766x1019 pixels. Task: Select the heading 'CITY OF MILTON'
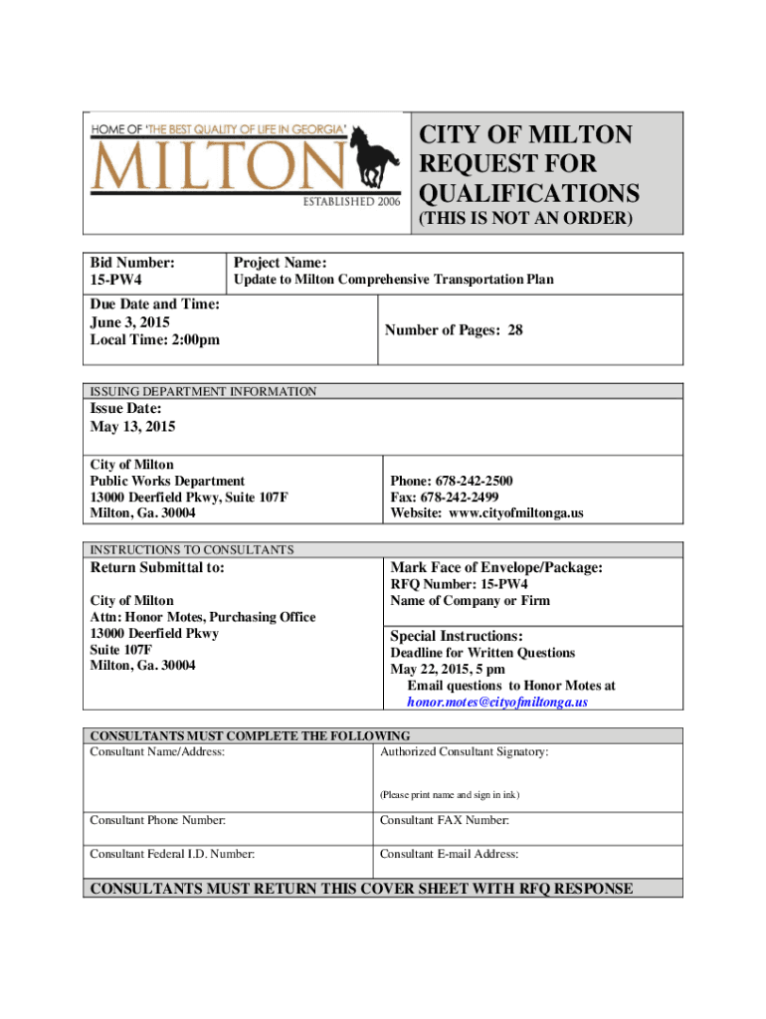(x=524, y=135)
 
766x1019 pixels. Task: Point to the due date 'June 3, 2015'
(x=129, y=322)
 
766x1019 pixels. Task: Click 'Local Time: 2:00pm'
(x=154, y=340)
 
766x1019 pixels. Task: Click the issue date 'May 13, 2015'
(x=132, y=427)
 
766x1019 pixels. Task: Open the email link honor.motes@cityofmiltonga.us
(x=497, y=702)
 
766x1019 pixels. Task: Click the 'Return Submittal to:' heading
(x=157, y=568)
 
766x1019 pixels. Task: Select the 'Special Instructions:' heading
(x=457, y=636)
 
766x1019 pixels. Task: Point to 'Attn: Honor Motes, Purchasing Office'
(x=203, y=617)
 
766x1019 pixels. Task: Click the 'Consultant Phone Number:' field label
(x=157, y=821)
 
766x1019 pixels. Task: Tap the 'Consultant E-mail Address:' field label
(x=449, y=854)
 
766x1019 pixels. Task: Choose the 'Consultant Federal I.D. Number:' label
(x=172, y=854)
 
